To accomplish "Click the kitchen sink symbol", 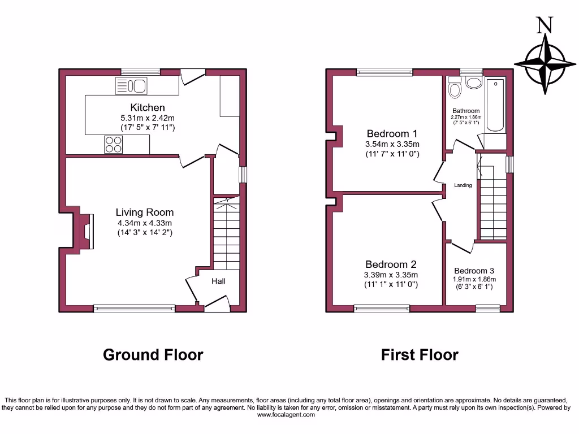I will click(131, 86).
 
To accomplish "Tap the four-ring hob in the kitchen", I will click(113, 145).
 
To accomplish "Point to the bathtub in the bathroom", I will click(496, 105).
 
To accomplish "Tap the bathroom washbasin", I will click(474, 83).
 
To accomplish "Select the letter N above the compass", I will click(544, 24).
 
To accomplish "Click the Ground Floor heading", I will click(153, 355).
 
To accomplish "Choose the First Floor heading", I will click(419, 355).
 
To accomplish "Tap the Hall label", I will click(219, 281).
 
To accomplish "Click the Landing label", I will click(463, 185).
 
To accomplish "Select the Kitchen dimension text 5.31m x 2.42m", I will click(148, 118).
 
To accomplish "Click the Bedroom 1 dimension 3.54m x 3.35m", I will click(392, 144).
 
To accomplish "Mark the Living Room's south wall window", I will click(135, 309).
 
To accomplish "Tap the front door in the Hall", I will click(217, 306).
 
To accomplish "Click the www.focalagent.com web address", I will click(286, 415).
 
